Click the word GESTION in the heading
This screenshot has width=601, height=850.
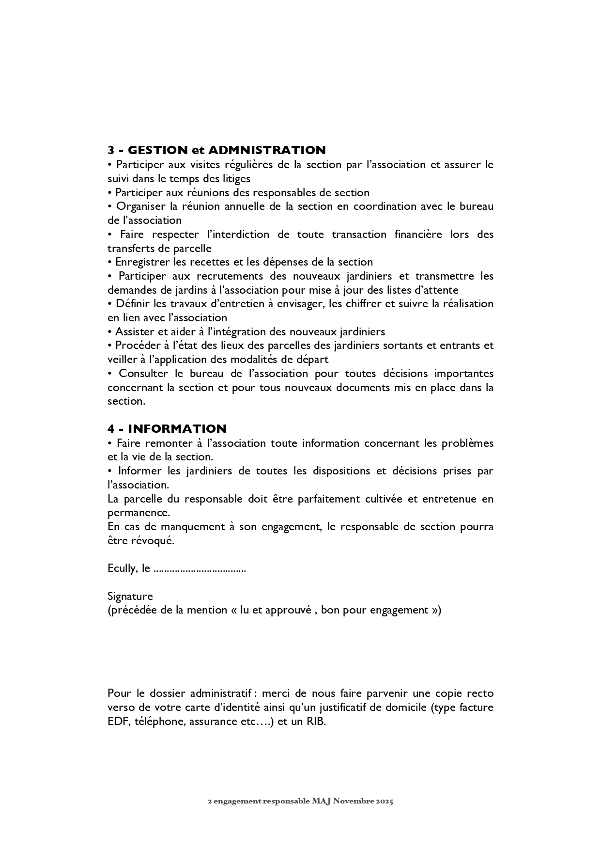(x=157, y=150)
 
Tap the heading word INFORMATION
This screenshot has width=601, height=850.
(x=177, y=429)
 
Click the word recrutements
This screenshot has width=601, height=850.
(x=224, y=276)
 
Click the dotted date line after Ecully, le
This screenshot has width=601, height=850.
(x=200, y=569)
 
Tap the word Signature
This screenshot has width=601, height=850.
(x=130, y=597)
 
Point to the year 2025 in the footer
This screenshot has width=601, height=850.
(x=385, y=801)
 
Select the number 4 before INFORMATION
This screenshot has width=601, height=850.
(x=111, y=429)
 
